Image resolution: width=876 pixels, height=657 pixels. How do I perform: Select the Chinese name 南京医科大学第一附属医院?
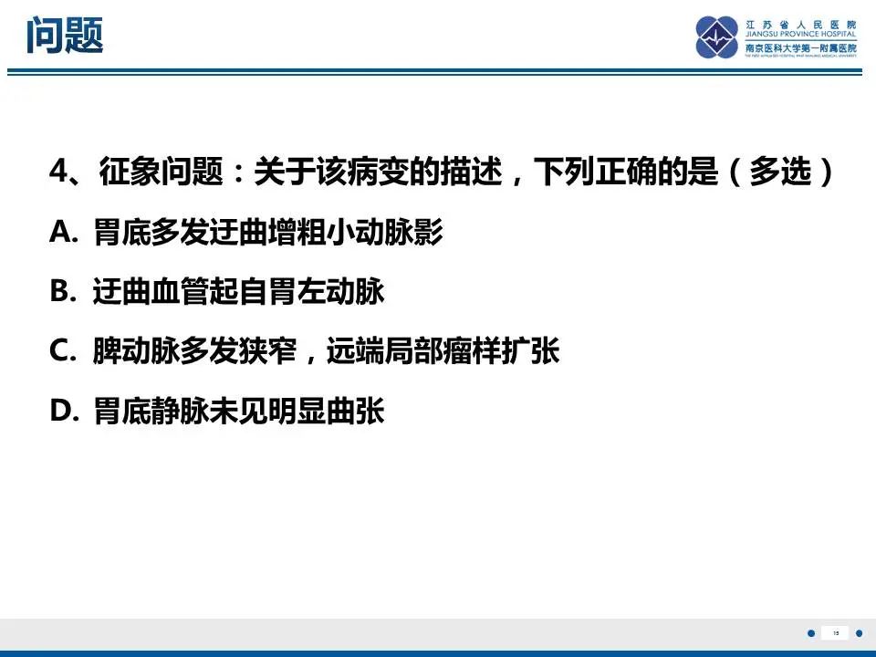click(800, 47)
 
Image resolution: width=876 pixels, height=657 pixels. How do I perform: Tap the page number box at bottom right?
click(835, 632)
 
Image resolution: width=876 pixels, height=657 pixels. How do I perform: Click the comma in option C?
click(312, 356)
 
